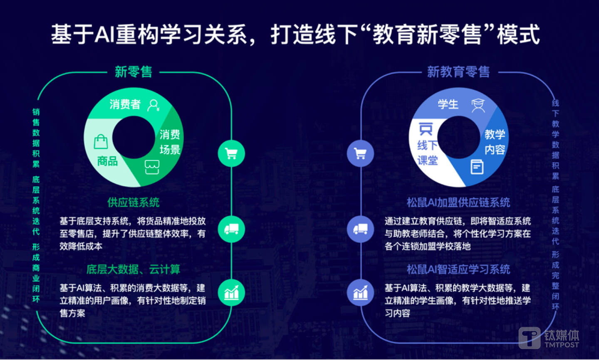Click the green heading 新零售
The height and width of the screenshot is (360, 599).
point(134,72)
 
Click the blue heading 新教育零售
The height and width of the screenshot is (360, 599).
point(458,72)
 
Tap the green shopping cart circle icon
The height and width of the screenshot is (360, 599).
point(231,154)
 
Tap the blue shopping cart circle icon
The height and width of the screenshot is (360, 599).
point(360,154)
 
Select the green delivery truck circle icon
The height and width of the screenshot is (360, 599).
point(231,229)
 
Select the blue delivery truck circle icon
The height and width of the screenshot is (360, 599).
point(360,229)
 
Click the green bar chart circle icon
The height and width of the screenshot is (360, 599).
point(231,293)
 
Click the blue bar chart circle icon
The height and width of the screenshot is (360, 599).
point(360,293)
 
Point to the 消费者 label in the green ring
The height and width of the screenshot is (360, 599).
point(125,104)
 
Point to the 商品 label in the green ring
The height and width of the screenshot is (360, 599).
point(107,161)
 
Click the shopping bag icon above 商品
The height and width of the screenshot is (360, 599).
point(101,142)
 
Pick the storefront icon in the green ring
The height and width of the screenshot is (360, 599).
point(152,167)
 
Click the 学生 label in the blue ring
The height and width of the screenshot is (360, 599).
point(448,104)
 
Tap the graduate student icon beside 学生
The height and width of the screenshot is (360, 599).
point(478,106)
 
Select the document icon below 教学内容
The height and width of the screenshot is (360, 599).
point(477,167)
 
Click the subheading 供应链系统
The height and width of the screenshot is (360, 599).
point(134,202)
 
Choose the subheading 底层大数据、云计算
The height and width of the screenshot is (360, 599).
point(134,269)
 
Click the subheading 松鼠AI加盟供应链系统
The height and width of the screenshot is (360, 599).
point(458,202)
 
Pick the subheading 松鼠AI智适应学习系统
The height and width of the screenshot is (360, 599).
point(458,269)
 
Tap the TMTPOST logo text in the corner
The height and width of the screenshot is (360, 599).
point(562,345)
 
